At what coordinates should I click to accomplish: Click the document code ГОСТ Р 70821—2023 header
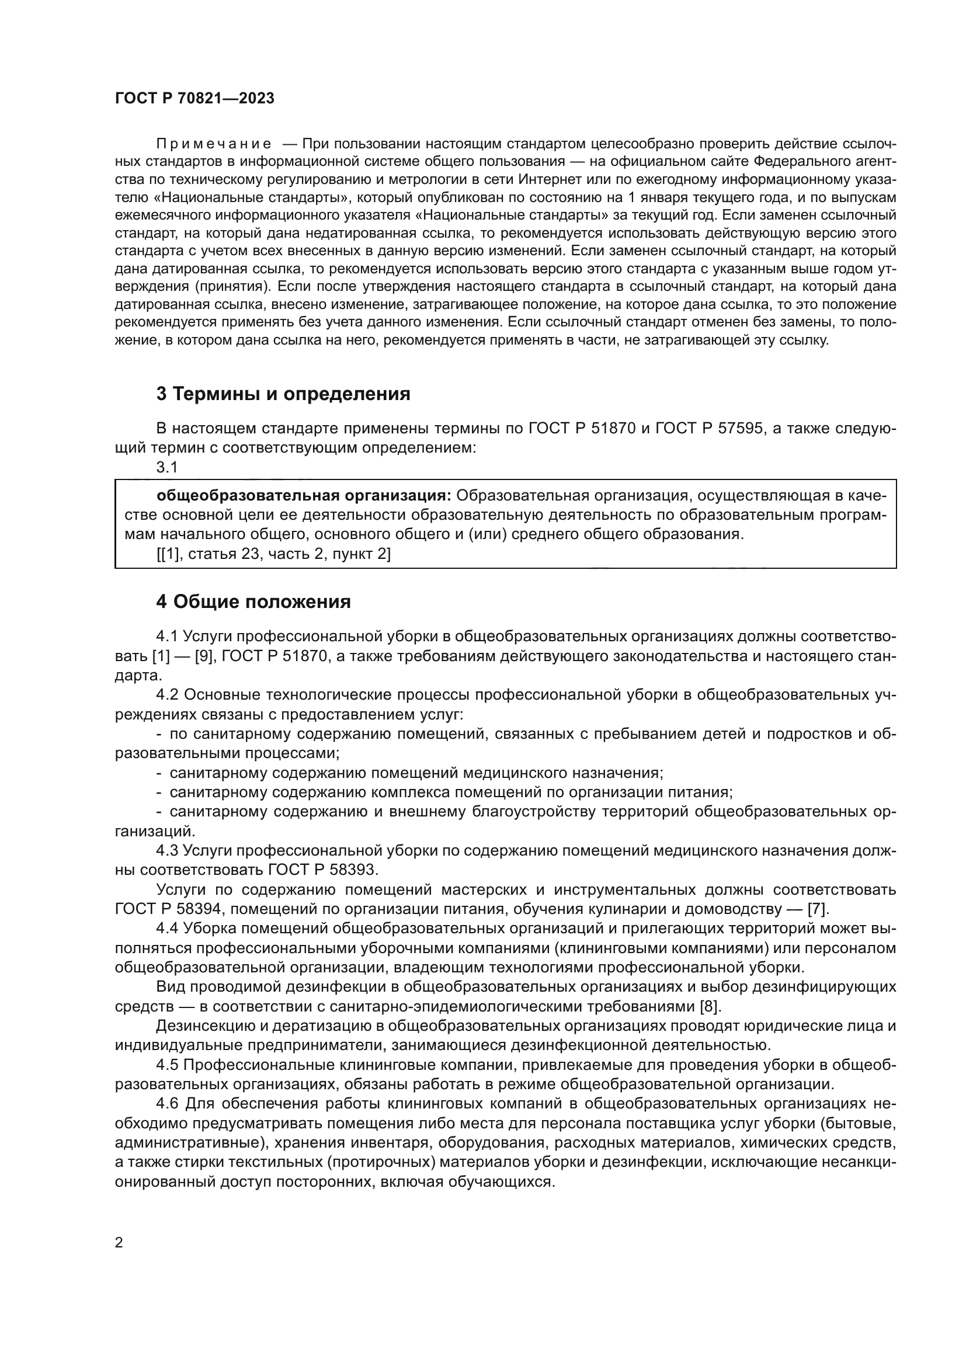[194, 99]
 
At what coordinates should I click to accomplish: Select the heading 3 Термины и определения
[283, 394]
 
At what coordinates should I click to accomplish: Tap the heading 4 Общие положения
[253, 602]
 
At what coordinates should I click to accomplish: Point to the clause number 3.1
[167, 468]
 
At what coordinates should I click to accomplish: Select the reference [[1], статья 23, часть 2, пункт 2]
[273, 554]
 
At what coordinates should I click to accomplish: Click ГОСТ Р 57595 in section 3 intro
[708, 429]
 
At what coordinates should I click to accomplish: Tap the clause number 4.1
[167, 637]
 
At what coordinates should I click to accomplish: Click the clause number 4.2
[168, 695]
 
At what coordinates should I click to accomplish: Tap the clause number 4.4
[167, 929]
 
